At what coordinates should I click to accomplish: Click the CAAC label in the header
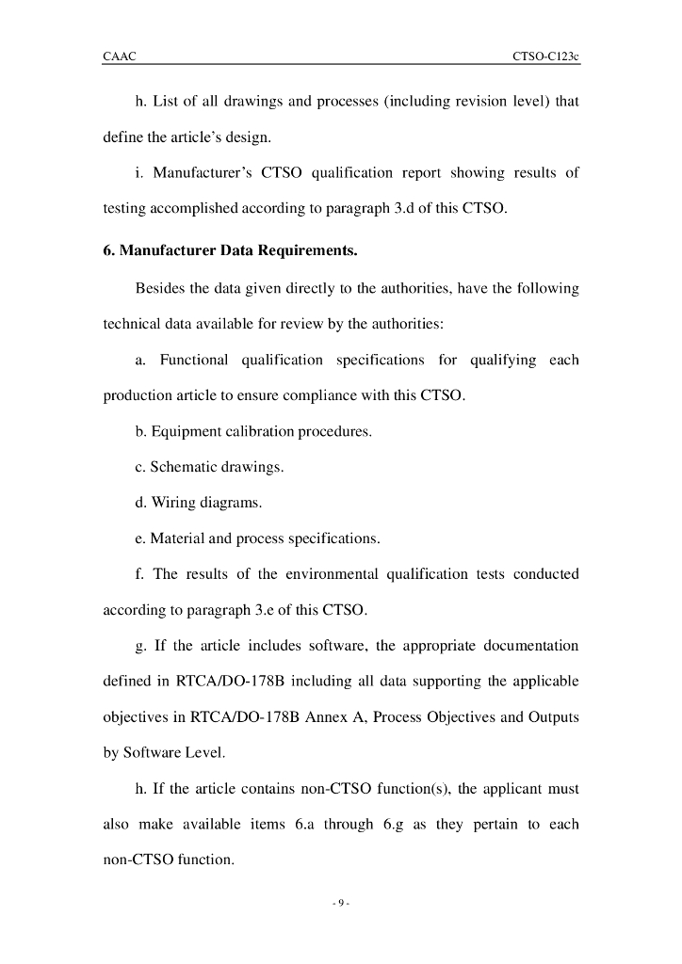pos(120,56)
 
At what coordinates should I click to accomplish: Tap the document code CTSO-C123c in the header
pos(545,56)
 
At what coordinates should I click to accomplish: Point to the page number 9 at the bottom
pos(341,904)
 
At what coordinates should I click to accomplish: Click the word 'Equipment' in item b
pos(183,432)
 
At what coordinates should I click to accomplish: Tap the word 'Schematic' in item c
pos(182,468)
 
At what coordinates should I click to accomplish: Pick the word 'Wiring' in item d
pos(170,504)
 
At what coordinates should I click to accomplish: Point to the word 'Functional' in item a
pos(194,361)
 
